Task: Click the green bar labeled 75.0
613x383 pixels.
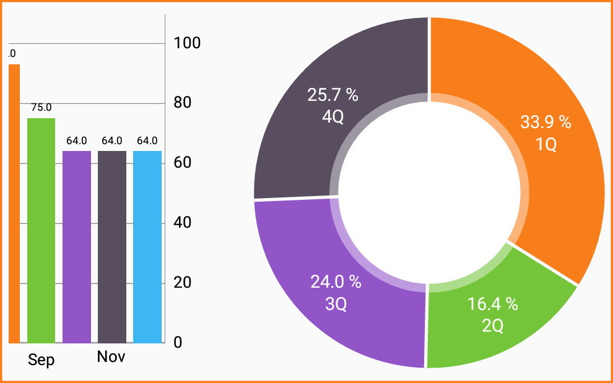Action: tap(41, 230)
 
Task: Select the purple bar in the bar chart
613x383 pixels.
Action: tap(77, 246)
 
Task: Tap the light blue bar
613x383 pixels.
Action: tap(147, 246)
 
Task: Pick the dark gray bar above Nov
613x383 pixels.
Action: tap(112, 246)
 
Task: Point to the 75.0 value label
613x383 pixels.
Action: tap(41, 107)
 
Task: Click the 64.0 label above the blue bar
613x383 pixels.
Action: tap(147, 140)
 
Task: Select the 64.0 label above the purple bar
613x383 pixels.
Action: tap(77, 140)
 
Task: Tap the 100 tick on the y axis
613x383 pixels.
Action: tap(187, 43)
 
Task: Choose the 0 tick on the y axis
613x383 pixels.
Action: tap(178, 342)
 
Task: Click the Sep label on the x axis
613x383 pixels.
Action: tap(41, 360)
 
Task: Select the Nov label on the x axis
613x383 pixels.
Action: tap(111, 357)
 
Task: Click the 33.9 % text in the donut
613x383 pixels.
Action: tap(545, 123)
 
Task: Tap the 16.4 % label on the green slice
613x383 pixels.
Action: tap(492, 304)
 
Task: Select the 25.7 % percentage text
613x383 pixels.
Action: tap(333, 95)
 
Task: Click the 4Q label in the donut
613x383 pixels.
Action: tap(333, 117)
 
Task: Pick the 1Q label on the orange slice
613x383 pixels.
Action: tap(546, 144)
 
